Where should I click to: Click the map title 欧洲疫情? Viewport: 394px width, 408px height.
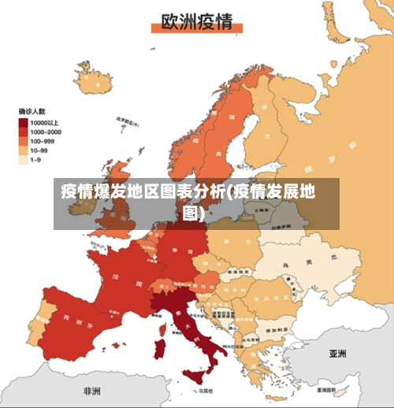coord(196,21)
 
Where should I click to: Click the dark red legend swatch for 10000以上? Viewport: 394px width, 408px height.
coord(24,122)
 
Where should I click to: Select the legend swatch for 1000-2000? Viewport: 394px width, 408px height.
coord(24,132)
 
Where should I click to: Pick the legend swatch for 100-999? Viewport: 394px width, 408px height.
coord(24,140)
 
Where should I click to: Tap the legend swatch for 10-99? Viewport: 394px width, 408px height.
coord(24,150)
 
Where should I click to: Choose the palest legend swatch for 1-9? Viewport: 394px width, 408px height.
coord(24,158)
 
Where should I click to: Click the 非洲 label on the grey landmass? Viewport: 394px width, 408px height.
coord(92,390)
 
